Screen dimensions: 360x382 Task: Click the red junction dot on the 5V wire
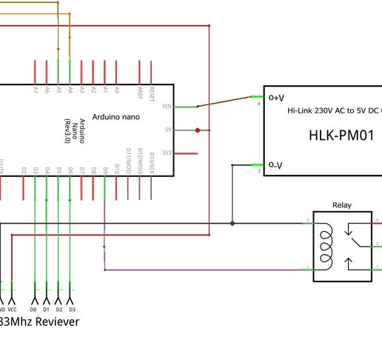pos(198,130)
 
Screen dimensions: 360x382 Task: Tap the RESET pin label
pos(152,93)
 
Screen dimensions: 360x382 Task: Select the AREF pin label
pos(140,93)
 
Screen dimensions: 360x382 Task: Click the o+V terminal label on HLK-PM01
pos(276,96)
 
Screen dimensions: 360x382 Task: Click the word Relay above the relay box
pos(342,205)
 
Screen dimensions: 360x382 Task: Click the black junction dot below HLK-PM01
pos(232,223)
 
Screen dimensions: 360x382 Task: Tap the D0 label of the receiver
pos(33,308)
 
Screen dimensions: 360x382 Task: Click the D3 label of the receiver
pos(71,308)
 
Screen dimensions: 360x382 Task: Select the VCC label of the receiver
pos(12,308)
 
